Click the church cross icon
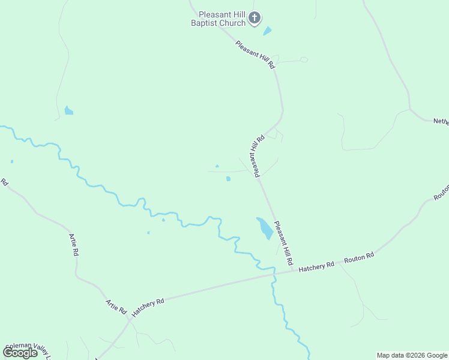(x=255, y=18)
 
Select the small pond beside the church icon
(x=267, y=31)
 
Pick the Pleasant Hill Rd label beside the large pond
(x=283, y=244)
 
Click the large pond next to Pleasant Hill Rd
(x=264, y=228)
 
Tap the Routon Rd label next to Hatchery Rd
(x=359, y=258)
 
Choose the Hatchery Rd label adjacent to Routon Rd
(x=316, y=266)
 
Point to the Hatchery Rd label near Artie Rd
(x=148, y=307)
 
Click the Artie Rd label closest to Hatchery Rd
(x=116, y=307)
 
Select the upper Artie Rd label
(x=74, y=245)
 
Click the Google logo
(x=20, y=353)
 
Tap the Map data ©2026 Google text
(x=412, y=355)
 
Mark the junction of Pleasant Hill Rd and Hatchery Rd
(x=294, y=271)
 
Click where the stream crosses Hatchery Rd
(x=273, y=275)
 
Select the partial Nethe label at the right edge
(x=441, y=121)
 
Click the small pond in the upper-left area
(x=68, y=110)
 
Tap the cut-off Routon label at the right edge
(x=441, y=193)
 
